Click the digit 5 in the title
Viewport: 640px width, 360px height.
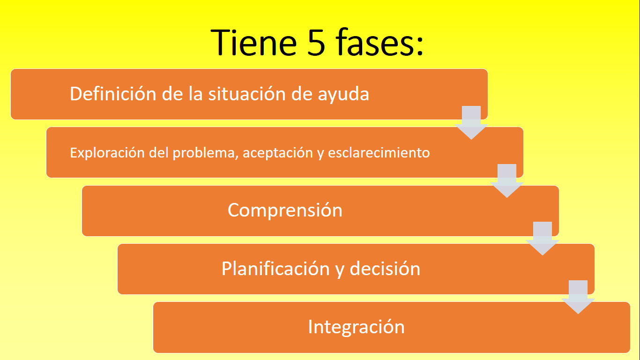316,42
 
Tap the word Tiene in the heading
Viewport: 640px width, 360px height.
253,42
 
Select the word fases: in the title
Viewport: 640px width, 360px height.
380,42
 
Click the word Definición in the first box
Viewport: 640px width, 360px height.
113,93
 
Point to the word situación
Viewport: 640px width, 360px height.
247,93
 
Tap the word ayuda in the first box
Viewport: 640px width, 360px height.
343,95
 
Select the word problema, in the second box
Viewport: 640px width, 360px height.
205,153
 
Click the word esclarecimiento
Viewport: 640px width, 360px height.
379,152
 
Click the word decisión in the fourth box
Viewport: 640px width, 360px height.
385,269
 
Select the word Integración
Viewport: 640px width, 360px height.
356,327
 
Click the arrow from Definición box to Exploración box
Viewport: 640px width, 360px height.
471,122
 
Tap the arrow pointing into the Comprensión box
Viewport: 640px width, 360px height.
507,181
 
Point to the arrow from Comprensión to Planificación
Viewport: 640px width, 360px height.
542,239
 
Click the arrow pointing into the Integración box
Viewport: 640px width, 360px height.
578,297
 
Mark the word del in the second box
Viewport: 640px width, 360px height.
158,152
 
